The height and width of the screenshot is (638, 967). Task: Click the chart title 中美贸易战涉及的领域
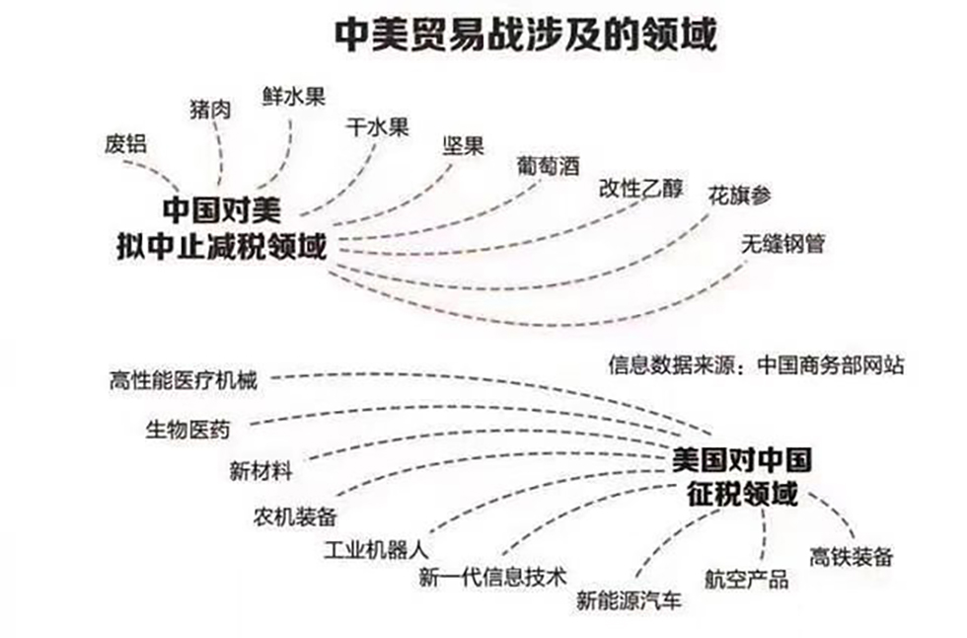click(x=526, y=36)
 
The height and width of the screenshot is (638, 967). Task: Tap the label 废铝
click(x=125, y=142)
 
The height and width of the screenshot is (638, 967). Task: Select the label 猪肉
click(x=209, y=108)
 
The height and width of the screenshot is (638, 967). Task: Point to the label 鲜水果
click(x=294, y=96)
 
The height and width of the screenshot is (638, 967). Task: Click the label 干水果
click(x=377, y=127)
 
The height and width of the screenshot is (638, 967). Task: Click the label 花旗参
click(x=739, y=195)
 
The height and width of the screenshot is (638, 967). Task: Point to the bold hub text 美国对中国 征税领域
click(x=741, y=477)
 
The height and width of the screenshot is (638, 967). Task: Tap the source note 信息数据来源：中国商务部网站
click(x=757, y=363)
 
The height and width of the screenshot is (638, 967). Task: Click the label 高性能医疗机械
click(x=184, y=379)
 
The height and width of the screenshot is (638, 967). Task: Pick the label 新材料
click(x=260, y=471)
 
